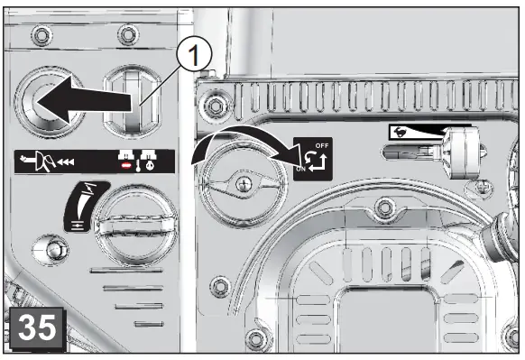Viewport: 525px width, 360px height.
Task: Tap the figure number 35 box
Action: click(33, 326)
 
